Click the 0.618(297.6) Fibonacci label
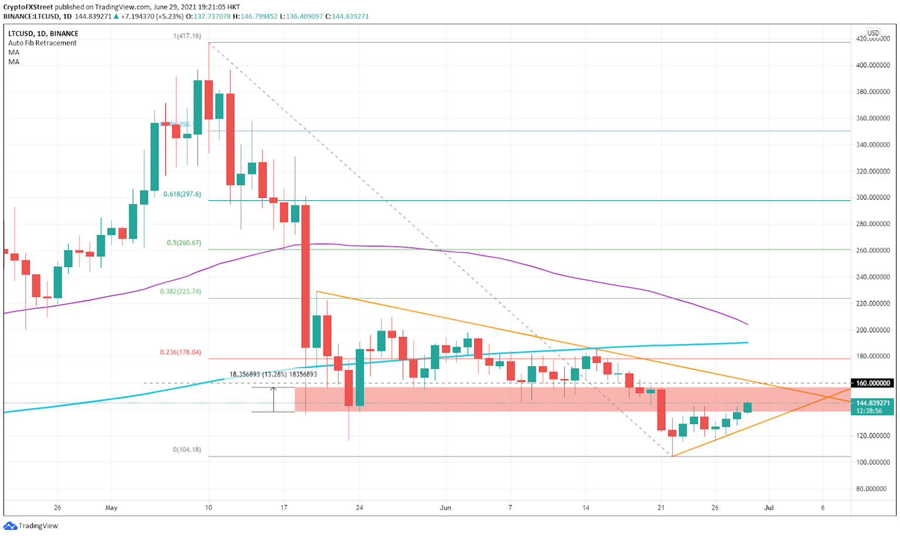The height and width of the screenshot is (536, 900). coord(182,194)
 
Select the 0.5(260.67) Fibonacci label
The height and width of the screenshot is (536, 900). coord(183,243)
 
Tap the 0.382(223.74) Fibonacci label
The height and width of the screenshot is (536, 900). coord(180,291)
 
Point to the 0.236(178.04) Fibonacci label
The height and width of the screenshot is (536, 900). coord(180,352)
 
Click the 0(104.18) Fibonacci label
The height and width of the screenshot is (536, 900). coord(186,450)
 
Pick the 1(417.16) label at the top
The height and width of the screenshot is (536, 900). coord(186,36)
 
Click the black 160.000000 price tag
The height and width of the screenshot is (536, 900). coord(873,383)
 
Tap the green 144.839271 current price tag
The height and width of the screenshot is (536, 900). coord(873,403)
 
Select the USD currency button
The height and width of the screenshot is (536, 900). coord(873,33)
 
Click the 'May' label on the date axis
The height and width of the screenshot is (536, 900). coord(111,508)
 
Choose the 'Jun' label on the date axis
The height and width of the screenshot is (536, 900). coord(445,508)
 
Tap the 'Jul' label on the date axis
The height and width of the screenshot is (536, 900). coord(769,508)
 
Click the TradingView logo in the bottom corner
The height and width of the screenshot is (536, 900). coord(32,525)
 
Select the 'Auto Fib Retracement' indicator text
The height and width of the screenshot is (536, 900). coord(42,43)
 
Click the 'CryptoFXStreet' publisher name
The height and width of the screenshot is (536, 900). coord(28,7)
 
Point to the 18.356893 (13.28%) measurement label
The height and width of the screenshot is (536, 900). coord(273,374)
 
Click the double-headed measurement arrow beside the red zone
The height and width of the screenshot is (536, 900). coord(273,400)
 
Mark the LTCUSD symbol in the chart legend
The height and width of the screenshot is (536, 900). coord(21,33)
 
